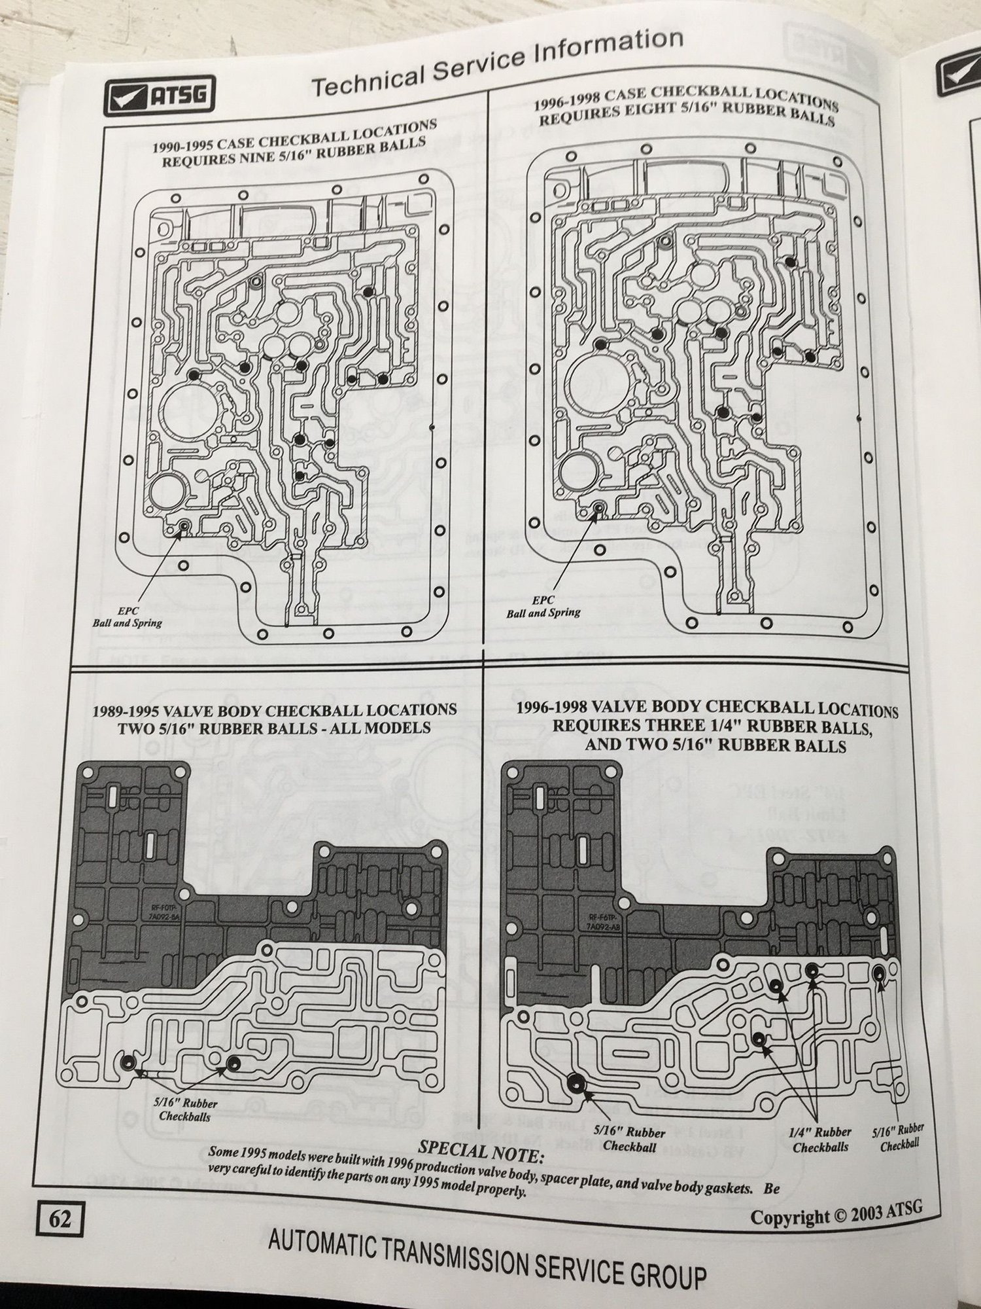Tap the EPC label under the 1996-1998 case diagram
[x=544, y=600]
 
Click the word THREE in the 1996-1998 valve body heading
[x=714, y=726]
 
